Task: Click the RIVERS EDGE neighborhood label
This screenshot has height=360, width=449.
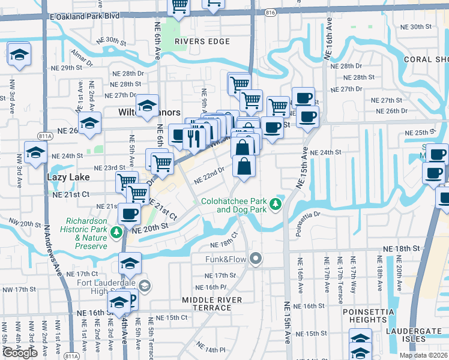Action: (202, 41)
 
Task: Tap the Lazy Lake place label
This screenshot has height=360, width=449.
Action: (68, 178)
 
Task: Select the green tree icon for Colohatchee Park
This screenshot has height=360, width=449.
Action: (276, 205)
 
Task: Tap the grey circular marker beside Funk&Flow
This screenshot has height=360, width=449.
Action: (256, 259)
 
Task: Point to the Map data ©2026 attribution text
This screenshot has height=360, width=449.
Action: (423, 355)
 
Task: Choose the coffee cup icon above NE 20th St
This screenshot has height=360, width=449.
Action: (129, 213)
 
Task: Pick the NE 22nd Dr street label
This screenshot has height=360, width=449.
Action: (209, 175)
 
